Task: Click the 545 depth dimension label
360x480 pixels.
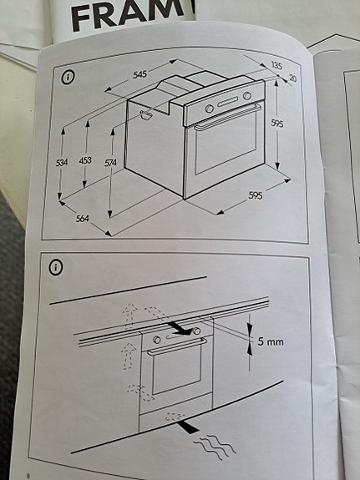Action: coord(139,74)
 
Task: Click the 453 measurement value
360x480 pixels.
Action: coord(85,160)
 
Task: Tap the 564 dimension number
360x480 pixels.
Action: coord(82,219)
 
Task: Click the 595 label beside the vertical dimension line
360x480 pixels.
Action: coord(276,124)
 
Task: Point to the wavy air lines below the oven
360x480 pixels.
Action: coord(211,447)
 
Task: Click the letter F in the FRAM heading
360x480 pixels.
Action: coord(84,17)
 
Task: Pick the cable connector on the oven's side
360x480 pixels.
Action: coord(147,114)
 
